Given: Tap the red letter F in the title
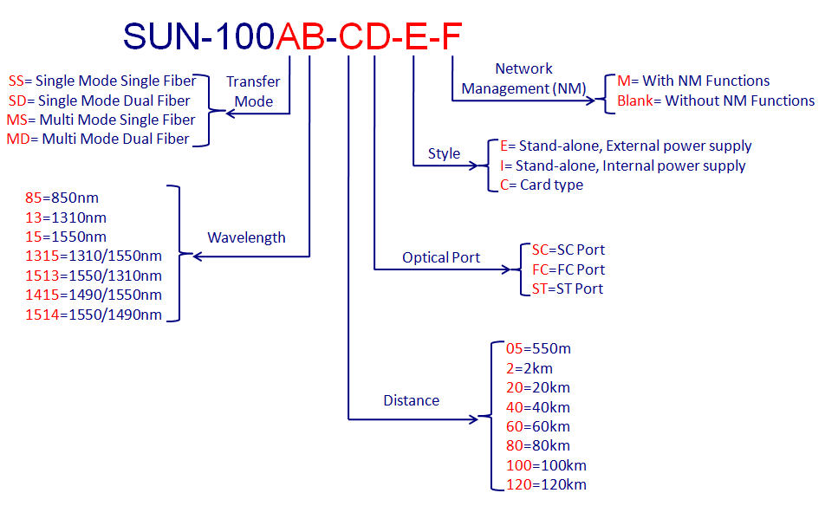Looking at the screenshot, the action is tap(451, 36).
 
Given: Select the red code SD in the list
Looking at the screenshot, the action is tap(17, 101).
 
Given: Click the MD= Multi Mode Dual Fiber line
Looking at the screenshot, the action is tap(98, 139).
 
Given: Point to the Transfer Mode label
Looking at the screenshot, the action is tap(254, 92).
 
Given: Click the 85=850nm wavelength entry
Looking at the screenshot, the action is tap(62, 198).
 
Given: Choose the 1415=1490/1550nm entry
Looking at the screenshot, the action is tap(94, 295).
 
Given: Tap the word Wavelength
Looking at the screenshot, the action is tap(247, 237).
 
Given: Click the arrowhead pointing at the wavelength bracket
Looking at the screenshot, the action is tap(198, 256).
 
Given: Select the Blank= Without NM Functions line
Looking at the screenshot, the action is tap(716, 101).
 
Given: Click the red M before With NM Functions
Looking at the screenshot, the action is tap(623, 81).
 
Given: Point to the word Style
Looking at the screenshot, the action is tap(444, 153).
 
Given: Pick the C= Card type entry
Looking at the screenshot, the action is tap(542, 185).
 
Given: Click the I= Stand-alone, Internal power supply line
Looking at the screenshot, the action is tap(623, 165).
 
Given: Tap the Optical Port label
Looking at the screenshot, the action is tap(441, 257).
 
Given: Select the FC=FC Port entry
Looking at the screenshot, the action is tap(568, 269).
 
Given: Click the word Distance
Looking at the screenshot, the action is tap(412, 400).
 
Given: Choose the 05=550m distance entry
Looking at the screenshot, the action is tap(539, 348).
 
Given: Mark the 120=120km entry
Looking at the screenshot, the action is tap(547, 484).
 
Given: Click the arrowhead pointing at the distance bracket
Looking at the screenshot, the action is tap(473, 419).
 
